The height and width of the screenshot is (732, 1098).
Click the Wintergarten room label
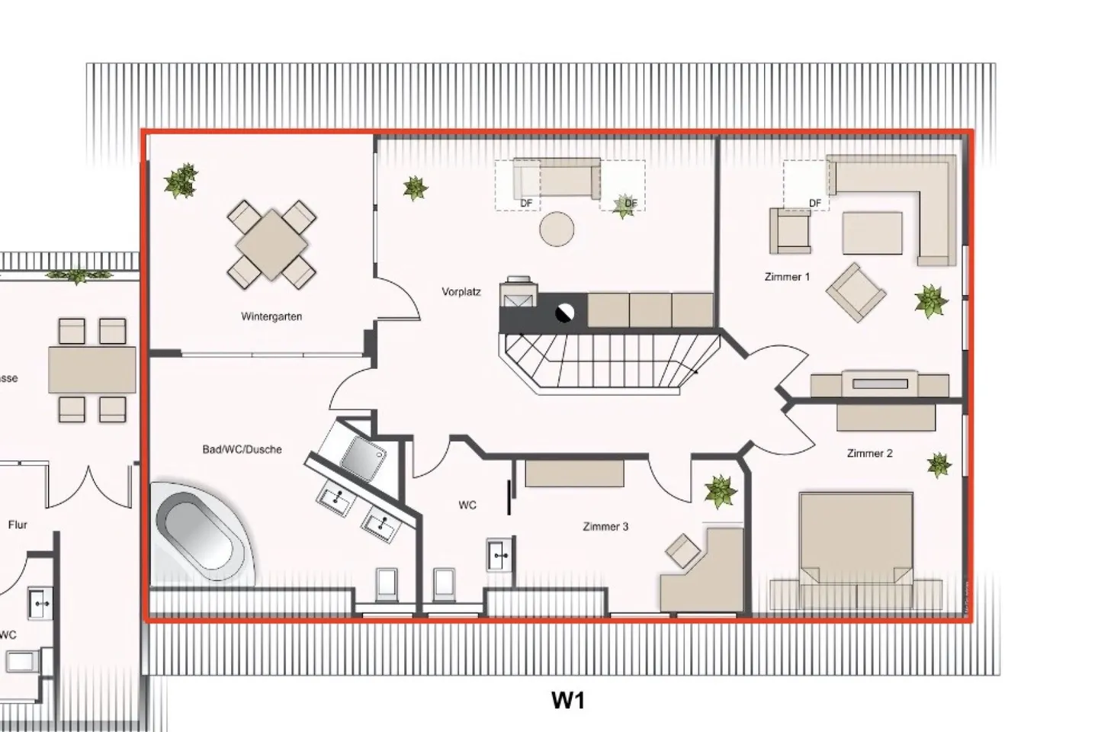[x=271, y=316]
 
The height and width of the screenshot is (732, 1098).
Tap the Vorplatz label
[x=461, y=292]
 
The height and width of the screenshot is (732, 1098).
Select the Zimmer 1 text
[x=787, y=277]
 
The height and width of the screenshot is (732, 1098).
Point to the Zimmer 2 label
[x=869, y=453]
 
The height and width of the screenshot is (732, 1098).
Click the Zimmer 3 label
[x=605, y=526]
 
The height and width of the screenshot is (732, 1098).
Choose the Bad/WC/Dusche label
[x=242, y=449]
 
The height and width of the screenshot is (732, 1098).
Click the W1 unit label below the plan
[x=568, y=700]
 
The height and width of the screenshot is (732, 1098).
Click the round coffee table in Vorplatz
[x=557, y=229]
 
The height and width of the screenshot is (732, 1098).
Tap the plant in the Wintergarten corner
[x=181, y=181]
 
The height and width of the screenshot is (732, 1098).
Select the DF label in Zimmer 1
[x=815, y=204]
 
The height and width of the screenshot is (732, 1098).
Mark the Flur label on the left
[x=18, y=525]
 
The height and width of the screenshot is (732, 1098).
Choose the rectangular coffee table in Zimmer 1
[x=872, y=233]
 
